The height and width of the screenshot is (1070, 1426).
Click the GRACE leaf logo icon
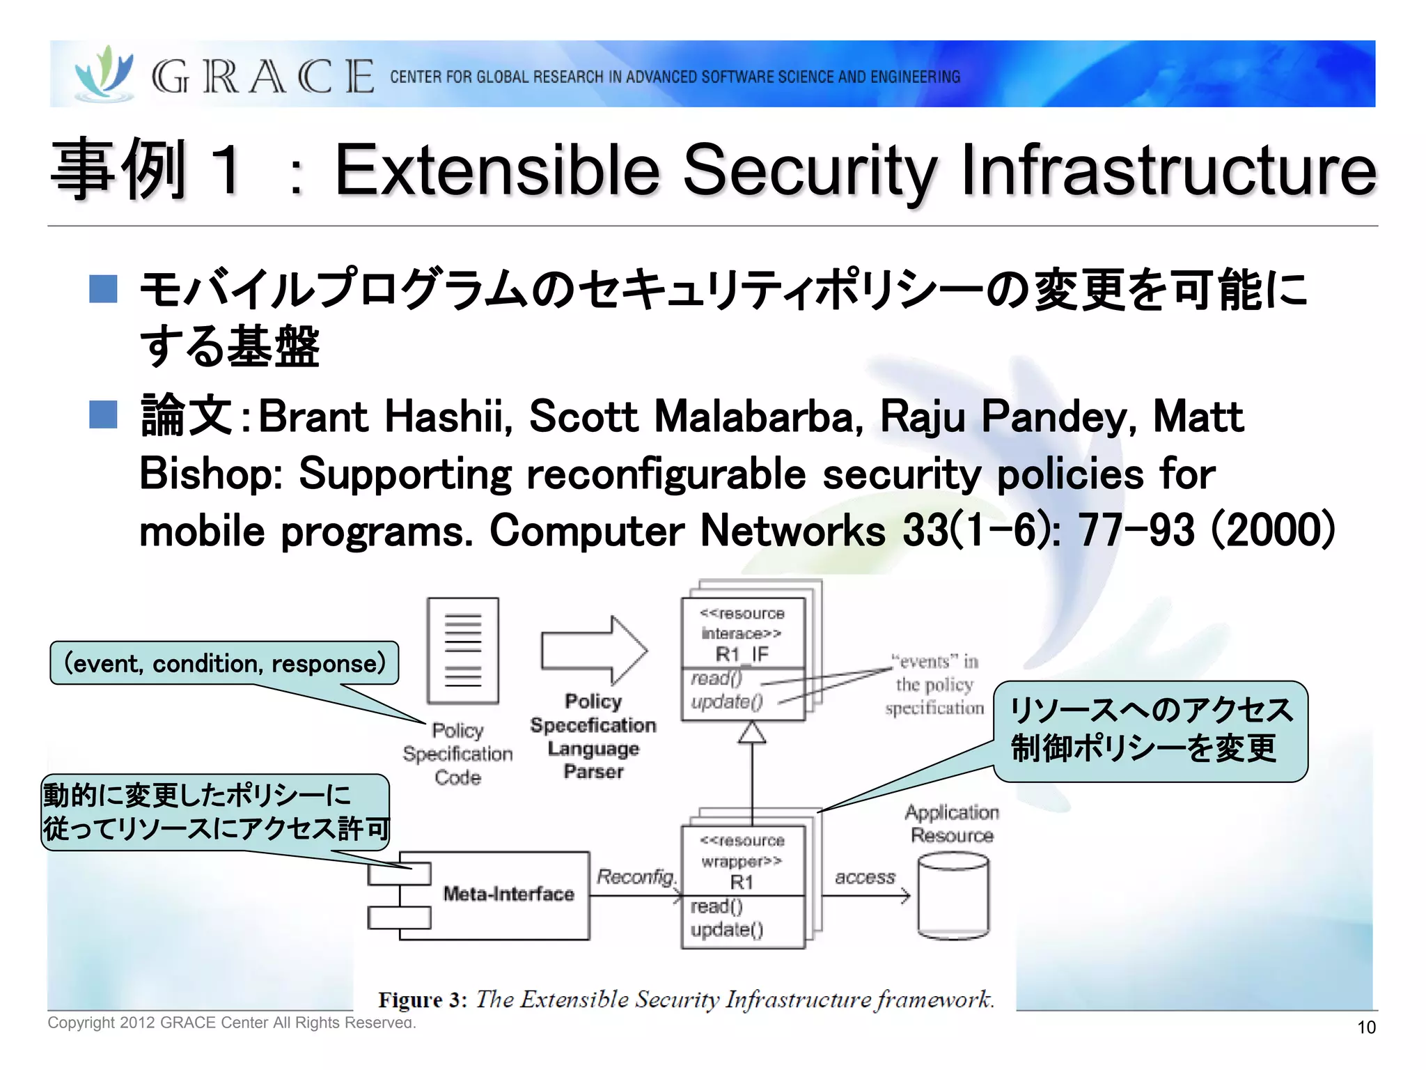(x=104, y=74)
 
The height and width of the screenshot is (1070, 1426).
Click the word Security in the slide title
(x=810, y=171)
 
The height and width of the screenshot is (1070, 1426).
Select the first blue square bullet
(x=103, y=288)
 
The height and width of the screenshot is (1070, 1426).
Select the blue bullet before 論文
(x=103, y=414)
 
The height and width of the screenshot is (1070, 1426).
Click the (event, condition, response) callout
(x=224, y=663)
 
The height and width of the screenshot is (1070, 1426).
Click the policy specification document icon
(x=463, y=650)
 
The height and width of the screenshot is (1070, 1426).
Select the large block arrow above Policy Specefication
(x=594, y=651)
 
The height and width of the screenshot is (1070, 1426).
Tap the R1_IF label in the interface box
(x=742, y=654)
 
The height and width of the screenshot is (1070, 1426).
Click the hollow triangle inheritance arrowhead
(x=752, y=733)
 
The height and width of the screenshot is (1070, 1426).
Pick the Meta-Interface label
(x=508, y=894)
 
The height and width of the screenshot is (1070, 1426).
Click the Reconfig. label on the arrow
(x=636, y=876)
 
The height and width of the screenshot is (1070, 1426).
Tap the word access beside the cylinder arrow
(x=865, y=877)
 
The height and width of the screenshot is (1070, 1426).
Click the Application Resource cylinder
(x=953, y=897)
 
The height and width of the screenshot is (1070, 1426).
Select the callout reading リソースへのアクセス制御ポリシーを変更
(x=1150, y=730)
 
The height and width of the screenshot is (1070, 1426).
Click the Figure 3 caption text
(x=686, y=999)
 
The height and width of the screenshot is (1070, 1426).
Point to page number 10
(x=1365, y=1027)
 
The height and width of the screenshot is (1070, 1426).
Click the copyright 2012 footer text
(x=231, y=1023)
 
